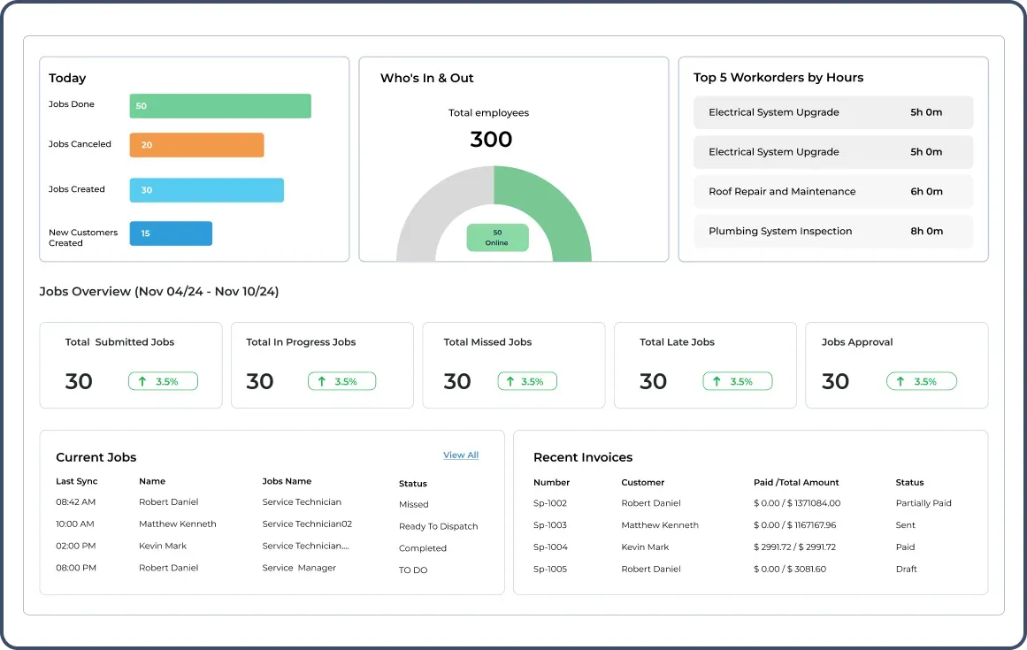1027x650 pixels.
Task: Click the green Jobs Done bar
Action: [220, 106]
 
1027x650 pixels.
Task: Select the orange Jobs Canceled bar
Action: [196, 145]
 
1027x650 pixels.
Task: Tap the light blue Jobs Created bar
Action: [206, 190]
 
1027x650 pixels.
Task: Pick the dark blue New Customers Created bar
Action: [171, 233]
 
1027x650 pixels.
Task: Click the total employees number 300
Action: [491, 140]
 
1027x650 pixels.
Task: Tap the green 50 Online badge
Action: [497, 238]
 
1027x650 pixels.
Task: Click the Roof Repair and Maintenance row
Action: [832, 192]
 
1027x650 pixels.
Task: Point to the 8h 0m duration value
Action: [926, 232]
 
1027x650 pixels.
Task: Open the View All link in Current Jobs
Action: [460, 455]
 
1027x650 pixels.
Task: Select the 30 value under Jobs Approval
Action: [835, 381]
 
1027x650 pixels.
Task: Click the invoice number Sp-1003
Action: [550, 525]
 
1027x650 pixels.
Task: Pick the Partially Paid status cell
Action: [923, 503]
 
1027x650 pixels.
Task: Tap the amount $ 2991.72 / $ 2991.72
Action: [794, 547]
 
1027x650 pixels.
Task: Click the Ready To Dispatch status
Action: [438, 526]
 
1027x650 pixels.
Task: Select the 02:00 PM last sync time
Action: [76, 547]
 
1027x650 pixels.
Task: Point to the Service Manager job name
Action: [299, 568]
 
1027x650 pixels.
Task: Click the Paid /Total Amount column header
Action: [795, 483]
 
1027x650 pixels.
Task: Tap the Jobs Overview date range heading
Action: [159, 292]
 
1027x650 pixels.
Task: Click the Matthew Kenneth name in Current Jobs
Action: [177, 524]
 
